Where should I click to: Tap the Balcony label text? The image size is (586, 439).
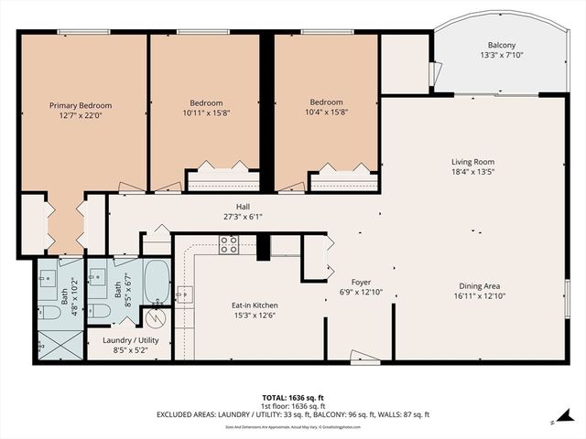click(x=501, y=46)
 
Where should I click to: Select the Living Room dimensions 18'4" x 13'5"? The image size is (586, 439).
click(x=472, y=171)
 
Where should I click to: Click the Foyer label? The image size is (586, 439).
click(x=360, y=283)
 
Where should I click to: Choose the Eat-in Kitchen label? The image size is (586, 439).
click(x=255, y=305)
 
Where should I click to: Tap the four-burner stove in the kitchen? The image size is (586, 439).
click(x=229, y=244)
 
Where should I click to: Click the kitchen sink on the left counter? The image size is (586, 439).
click(x=184, y=294)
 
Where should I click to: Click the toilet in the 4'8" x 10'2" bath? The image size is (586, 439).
click(x=51, y=313)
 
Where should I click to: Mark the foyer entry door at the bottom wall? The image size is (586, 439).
click(x=364, y=357)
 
